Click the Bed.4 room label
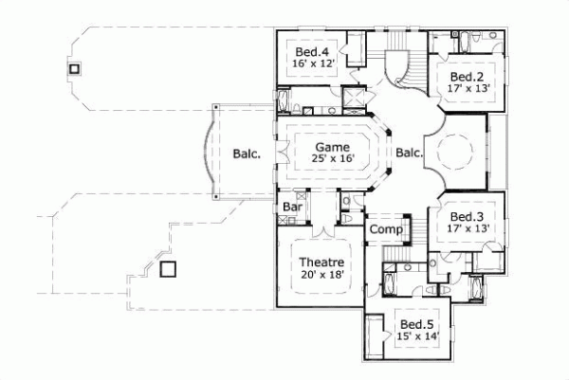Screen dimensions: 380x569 click(x=312, y=52)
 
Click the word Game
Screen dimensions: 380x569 click(x=332, y=147)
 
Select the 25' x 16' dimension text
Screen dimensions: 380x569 click(x=332, y=160)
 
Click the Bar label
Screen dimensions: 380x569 click(x=291, y=206)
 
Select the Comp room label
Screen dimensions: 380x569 click(x=385, y=229)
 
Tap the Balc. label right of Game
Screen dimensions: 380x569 click(x=409, y=153)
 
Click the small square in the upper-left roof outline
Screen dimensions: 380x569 click(x=74, y=68)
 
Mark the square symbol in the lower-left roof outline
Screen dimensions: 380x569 click(x=168, y=268)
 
